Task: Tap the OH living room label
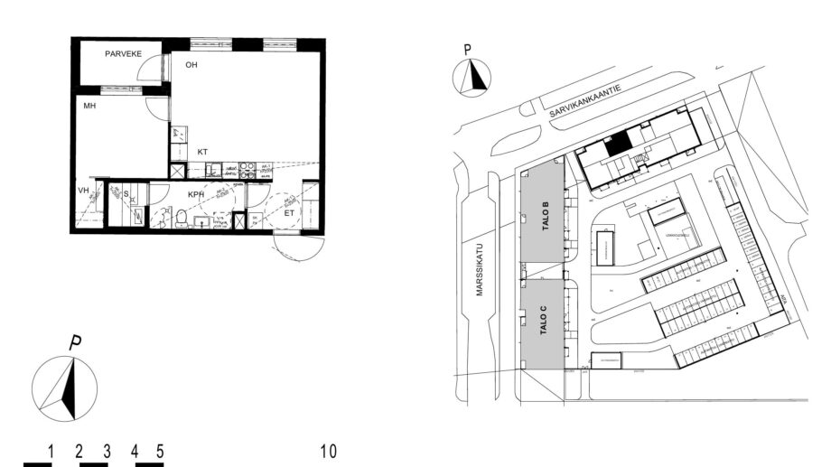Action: (x=191, y=65)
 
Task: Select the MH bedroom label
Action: (x=90, y=106)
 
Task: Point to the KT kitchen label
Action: (x=202, y=152)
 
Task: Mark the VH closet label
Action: (x=84, y=191)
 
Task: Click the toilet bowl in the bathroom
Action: (x=181, y=218)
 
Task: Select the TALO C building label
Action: (x=544, y=322)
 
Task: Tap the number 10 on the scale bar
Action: (x=328, y=450)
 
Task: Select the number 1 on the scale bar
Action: (x=51, y=450)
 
